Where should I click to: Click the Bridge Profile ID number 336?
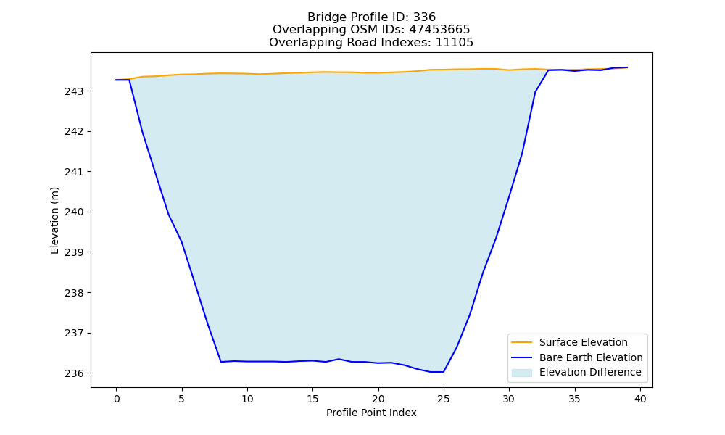pyautogui.click(x=424, y=17)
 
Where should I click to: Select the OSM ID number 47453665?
pyautogui.click(x=439, y=30)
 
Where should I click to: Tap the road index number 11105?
pyautogui.click(x=455, y=43)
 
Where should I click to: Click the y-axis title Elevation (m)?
pyautogui.click(x=54, y=220)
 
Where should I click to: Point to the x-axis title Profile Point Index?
pyautogui.click(x=371, y=413)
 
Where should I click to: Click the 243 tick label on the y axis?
pyautogui.click(x=75, y=91)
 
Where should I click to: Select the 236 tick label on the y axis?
pyautogui.click(x=75, y=373)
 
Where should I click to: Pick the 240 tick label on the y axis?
pyautogui.click(x=75, y=212)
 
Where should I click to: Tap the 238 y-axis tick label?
pyautogui.click(x=75, y=293)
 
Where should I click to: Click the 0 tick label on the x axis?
pyautogui.click(x=117, y=399)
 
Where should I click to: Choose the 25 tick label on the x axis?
pyautogui.click(x=444, y=399)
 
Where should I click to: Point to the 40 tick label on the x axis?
pyautogui.click(x=640, y=399)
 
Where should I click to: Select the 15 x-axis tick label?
pyautogui.click(x=312, y=399)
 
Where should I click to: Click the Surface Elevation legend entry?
pyautogui.click(x=569, y=342)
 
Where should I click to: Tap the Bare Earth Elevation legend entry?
pyautogui.click(x=577, y=357)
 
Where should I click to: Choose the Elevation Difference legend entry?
pyautogui.click(x=576, y=372)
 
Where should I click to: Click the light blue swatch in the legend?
pyautogui.click(x=521, y=373)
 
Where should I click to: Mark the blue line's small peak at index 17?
pyautogui.click(x=339, y=359)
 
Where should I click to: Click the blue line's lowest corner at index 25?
pyautogui.click(x=444, y=372)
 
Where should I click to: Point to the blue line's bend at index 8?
pyautogui.click(x=221, y=362)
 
